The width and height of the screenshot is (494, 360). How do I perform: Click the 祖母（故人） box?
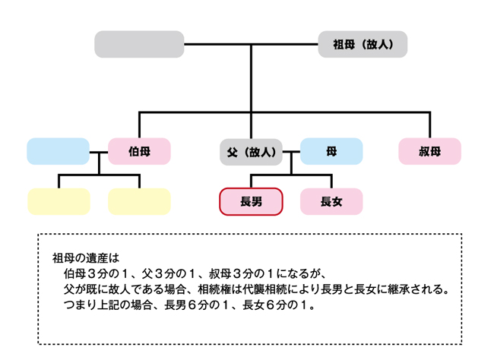pos(363,44)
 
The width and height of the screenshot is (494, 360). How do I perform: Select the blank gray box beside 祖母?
pos(139,44)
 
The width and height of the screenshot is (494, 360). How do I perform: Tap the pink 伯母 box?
pos(139,151)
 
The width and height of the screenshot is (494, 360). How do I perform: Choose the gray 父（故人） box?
pos(251,152)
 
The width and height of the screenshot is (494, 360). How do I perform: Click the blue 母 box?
pos(331,151)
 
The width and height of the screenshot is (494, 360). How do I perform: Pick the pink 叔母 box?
pos(429,151)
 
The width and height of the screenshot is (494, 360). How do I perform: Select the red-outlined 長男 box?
pos(251,201)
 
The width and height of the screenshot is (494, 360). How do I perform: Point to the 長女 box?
pos(331,201)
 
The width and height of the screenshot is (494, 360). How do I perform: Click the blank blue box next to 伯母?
pos(59,151)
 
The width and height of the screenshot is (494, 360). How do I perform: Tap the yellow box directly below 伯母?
pos(139,201)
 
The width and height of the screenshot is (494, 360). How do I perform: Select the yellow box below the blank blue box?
pos(59,201)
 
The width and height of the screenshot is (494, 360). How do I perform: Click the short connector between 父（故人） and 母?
pos(291,152)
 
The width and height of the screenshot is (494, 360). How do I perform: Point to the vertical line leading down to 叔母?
pos(430,125)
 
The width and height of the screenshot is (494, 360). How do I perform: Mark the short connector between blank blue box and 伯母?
pos(99,152)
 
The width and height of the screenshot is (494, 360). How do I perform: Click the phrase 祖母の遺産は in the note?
pos(86,258)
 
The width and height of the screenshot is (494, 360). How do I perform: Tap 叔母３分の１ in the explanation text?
pos(242,273)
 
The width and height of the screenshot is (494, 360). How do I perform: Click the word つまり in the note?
pos(80,305)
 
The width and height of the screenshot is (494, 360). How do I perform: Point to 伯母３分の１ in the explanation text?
pos(97,273)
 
